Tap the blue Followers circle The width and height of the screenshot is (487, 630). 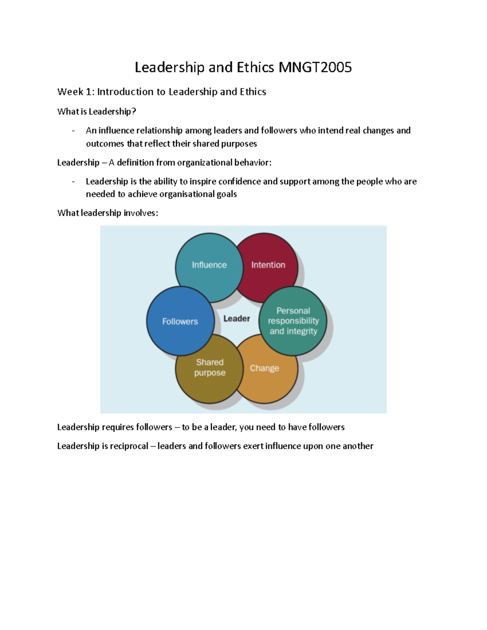[180, 321]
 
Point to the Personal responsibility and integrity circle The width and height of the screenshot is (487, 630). [293, 321]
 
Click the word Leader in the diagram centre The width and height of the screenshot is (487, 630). [237, 319]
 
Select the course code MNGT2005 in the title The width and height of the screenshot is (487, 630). [315, 67]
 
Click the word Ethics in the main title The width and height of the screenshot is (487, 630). [254, 67]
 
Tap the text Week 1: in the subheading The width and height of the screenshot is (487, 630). [76, 92]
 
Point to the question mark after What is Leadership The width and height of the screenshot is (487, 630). [134, 112]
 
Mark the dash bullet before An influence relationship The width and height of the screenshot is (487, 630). [73, 131]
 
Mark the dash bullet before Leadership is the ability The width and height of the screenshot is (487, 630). [73, 182]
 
